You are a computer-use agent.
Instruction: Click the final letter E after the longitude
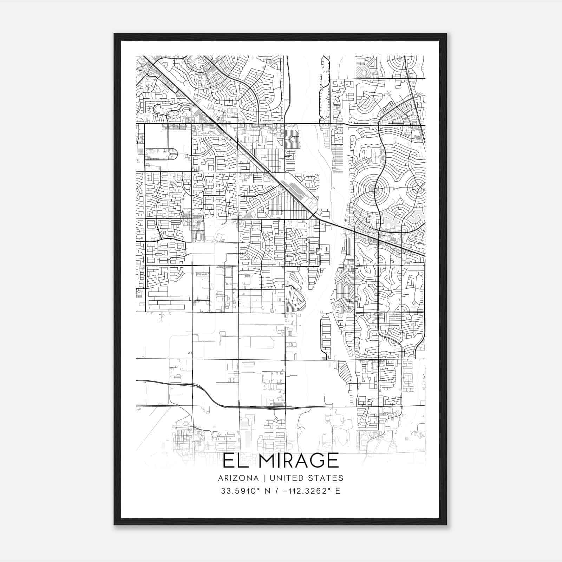338,491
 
